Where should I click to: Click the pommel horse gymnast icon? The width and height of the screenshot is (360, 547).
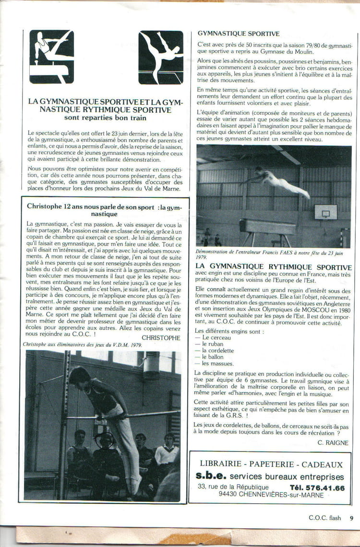tap(51, 57)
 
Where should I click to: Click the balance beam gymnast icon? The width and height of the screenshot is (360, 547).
tap(161, 57)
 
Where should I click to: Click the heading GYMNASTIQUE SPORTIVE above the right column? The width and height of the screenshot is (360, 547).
tap(239, 34)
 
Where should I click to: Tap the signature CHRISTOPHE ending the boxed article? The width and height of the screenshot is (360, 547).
tap(161, 338)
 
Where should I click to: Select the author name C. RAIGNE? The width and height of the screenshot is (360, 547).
tap(333, 443)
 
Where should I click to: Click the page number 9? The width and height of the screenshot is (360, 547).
tap(352, 518)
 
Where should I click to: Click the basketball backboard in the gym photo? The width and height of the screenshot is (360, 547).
tap(325, 211)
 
